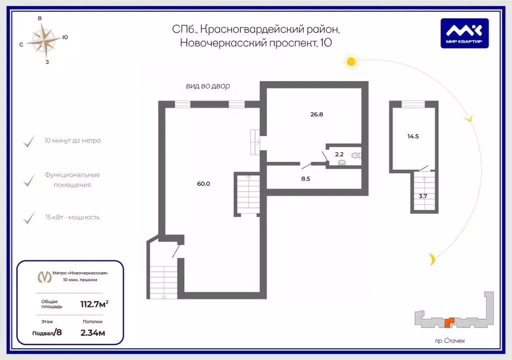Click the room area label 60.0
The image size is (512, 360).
[x=203, y=183]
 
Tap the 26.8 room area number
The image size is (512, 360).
[x=316, y=114]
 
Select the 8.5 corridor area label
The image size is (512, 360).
[x=305, y=178]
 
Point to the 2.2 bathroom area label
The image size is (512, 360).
[x=339, y=154]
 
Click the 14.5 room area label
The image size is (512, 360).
[x=413, y=136]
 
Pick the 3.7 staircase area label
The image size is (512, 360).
[x=423, y=196]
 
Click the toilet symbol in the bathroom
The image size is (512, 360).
[x=356, y=155]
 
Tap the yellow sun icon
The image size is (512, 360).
[x=351, y=61]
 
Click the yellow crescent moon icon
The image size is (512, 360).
[x=432, y=259]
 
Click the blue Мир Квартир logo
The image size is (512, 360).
[x=464, y=33]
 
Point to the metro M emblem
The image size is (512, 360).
[x=44, y=276]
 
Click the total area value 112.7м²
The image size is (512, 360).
[x=94, y=304]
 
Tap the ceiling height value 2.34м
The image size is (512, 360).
[x=92, y=333]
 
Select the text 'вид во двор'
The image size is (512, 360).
[x=208, y=86]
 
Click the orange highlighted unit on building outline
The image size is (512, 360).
[x=449, y=322]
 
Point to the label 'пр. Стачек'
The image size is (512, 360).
[x=449, y=340]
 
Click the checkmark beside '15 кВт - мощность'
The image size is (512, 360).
[x=29, y=218]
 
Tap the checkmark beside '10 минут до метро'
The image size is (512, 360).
[x=29, y=141]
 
